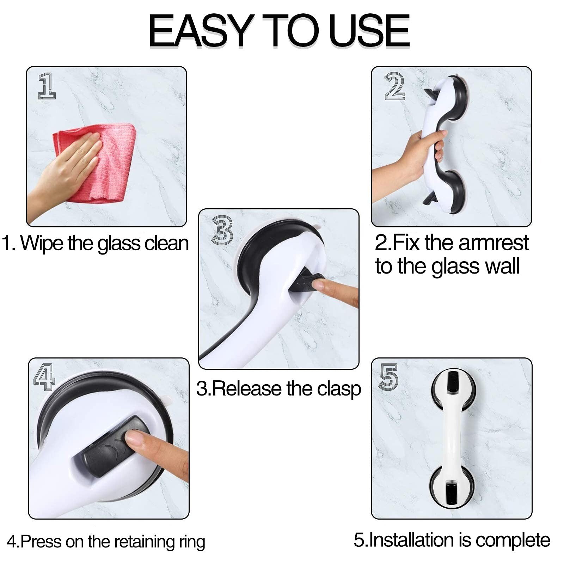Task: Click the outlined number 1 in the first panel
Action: tap(47, 86)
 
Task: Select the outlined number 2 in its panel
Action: tap(394, 86)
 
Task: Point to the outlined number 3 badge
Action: tap(222, 230)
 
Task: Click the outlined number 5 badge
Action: tap(388, 377)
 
